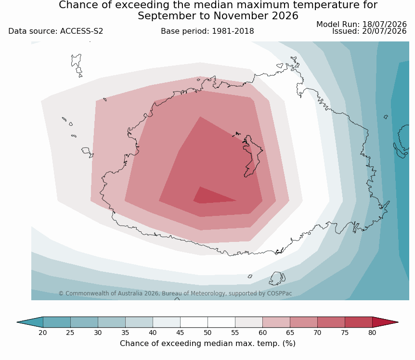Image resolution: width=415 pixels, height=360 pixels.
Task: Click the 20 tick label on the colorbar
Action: click(43, 333)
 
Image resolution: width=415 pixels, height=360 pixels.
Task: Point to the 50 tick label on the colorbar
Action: click(207, 333)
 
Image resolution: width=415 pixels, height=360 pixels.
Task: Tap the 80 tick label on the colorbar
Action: click(372, 333)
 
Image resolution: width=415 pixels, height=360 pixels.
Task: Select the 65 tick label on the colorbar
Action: click(290, 333)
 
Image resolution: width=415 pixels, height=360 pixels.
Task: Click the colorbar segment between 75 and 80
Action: click(359, 322)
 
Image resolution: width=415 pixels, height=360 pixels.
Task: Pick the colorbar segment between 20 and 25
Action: click(57, 322)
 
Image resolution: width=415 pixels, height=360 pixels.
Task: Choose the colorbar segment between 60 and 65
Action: click(276, 322)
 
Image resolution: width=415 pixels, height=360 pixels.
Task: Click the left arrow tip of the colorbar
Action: click(17, 322)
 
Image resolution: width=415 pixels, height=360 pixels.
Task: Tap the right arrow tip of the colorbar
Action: click(398, 322)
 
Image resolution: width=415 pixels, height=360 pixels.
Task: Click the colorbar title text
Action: click(207, 343)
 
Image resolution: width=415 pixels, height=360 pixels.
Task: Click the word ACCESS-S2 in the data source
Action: click(81, 31)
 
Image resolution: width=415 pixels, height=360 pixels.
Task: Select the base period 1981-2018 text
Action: click(233, 31)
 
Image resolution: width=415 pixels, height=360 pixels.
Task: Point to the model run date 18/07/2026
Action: click(384, 25)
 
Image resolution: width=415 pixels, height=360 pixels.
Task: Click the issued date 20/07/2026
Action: click(384, 31)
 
